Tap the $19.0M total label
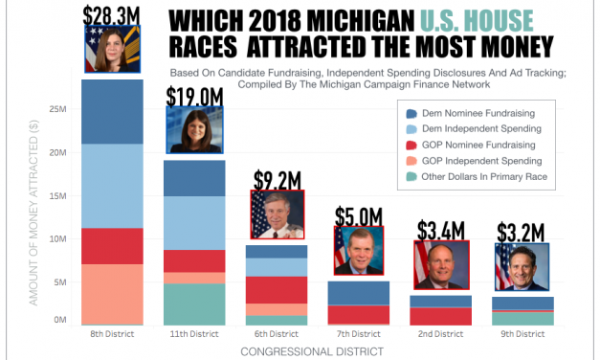click(x=194, y=96)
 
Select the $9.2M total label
click(x=277, y=179)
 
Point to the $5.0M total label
click(x=359, y=215)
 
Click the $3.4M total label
click(x=441, y=230)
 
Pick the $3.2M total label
click(x=522, y=233)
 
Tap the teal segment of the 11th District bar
click(x=194, y=304)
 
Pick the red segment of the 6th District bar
click(x=277, y=290)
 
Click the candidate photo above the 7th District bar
click(x=359, y=250)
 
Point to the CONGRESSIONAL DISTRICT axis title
click(x=317, y=351)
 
